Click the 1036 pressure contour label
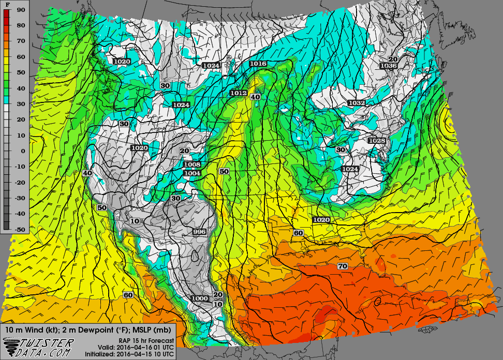(x=388, y=66)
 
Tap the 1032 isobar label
(x=356, y=103)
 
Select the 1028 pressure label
(x=377, y=141)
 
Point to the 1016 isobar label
(x=258, y=64)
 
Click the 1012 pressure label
(x=238, y=93)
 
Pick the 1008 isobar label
(x=191, y=164)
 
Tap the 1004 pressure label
(x=191, y=173)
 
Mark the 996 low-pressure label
(x=199, y=231)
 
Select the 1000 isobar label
(x=199, y=298)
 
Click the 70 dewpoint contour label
(x=342, y=266)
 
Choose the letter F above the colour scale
(x=7, y=4)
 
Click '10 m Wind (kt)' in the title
(x=31, y=329)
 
